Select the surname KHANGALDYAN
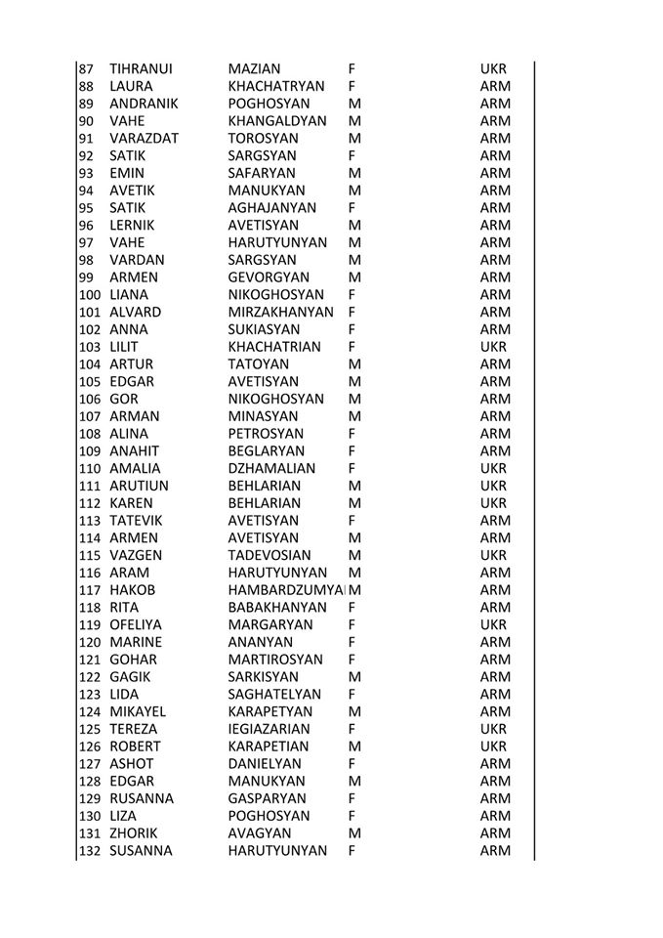275,121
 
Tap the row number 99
87,277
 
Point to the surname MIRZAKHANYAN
281,313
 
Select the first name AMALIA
135,468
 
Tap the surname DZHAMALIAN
271,468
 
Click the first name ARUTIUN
139,486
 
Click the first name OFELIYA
136,624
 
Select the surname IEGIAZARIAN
269,729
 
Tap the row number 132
90,851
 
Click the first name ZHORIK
135,833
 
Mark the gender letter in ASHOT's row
351,764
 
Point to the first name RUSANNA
142,798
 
